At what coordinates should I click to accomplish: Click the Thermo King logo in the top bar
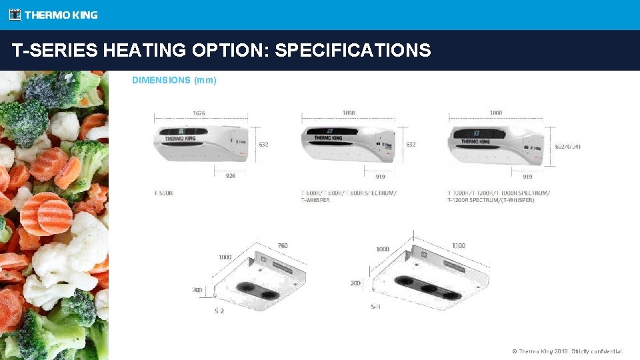pyautogui.click(x=53, y=15)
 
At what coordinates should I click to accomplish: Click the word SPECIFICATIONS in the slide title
pyautogui.click(x=353, y=50)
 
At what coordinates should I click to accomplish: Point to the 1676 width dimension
pyautogui.click(x=199, y=113)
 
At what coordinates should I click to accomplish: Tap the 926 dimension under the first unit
pyautogui.click(x=231, y=177)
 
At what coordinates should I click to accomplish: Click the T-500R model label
pyautogui.click(x=164, y=193)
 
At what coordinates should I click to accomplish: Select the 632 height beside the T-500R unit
pyautogui.click(x=263, y=144)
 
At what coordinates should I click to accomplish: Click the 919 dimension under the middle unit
pyautogui.click(x=380, y=177)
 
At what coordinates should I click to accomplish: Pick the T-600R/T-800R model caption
pyautogui.click(x=348, y=196)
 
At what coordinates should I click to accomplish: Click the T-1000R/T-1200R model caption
pyautogui.click(x=498, y=196)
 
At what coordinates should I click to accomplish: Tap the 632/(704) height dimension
pyautogui.click(x=567, y=146)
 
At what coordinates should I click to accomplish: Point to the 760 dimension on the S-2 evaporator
pyautogui.click(x=282, y=246)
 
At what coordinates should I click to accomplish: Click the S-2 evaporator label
pyautogui.click(x=219, y=311)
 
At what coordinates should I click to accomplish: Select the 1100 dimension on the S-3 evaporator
pyautogui.click(x=458, y=246)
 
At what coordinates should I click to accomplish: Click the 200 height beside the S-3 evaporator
pyautogui.click(x=355, y=283)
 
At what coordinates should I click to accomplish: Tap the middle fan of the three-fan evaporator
pyautogui.click(x=427, y=288)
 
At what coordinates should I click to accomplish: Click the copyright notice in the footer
pyautogui.click(x=567, y=351)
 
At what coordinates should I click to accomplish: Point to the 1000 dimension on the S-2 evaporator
pyautogui.click(x=225, y=257)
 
